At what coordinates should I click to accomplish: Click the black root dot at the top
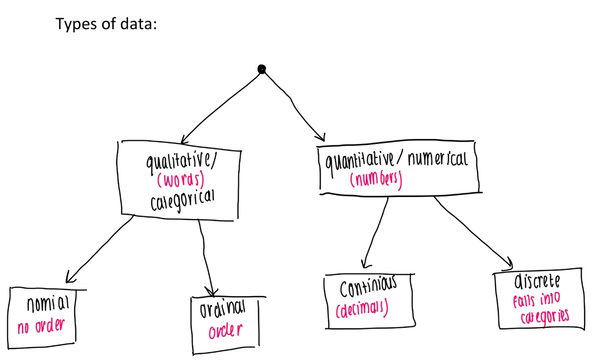click(261, 69)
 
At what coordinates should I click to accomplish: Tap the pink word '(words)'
click(181, 180)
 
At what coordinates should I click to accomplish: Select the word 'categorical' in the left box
click(182, 200)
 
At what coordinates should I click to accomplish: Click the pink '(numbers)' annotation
click(376, 179)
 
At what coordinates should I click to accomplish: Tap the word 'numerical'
click(437, 159)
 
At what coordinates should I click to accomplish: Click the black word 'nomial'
click(48, 305)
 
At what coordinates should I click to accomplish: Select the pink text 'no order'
click(40, 326)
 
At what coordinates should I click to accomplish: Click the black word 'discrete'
click(537, 282)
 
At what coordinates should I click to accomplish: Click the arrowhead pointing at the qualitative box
click(184, 140)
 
